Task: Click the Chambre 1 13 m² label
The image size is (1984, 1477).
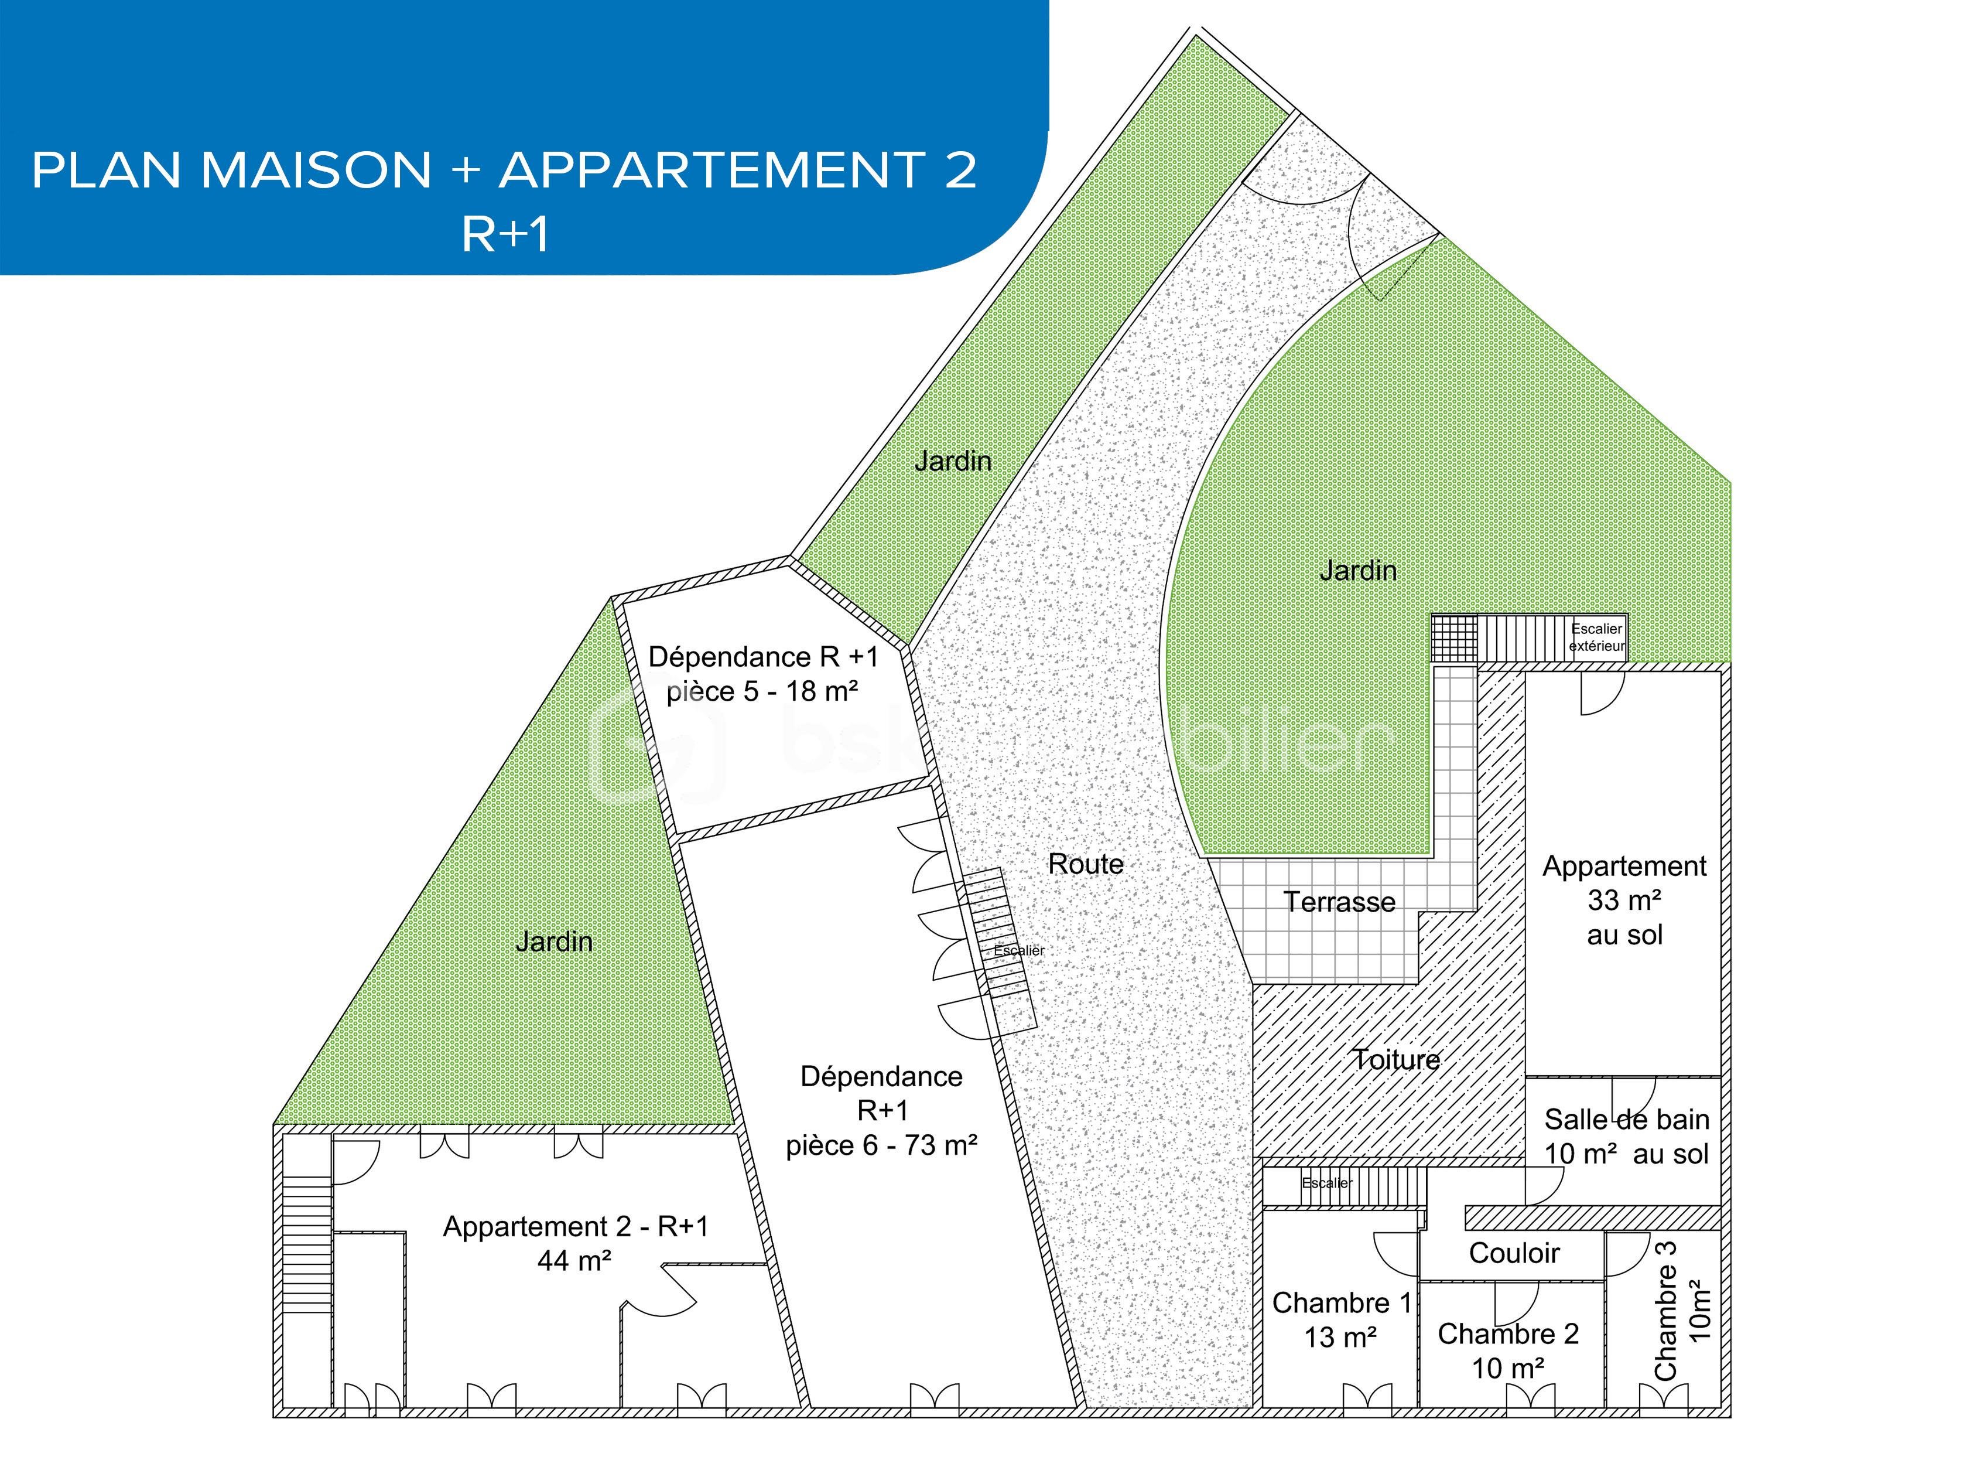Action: coord(1340,1319)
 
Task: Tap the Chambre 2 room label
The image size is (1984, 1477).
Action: coord(1508,1350)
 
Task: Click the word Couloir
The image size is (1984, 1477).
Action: coord(1514,1253)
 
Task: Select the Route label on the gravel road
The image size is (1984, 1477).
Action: coord(1085,864)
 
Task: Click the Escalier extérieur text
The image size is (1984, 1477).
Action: coord(1597,637)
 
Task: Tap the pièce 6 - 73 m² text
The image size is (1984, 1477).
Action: coord(881,1145)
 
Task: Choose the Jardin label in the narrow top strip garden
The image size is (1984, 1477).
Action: coord(953,461)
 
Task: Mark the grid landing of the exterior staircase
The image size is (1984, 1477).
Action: coord(1454,639)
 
